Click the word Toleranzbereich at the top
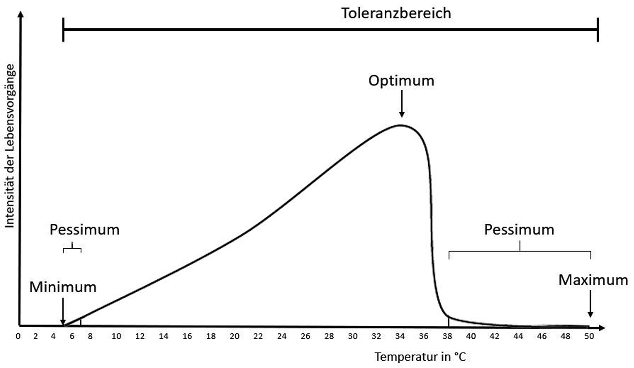(396, 13)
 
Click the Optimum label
(401, 81)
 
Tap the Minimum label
(63, 287)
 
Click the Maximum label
(593, 280)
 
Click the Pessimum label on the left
(84, 229)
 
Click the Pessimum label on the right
(519, 229)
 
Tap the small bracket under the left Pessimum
(72, 248)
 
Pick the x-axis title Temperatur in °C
(420, 357)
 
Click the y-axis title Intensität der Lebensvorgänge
(10, 146)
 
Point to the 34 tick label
(400, 336)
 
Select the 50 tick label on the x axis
(589, 336)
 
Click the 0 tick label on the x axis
(18, 336)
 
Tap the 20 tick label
(235, 336)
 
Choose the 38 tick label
(448, 336)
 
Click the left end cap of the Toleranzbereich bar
(63, 30)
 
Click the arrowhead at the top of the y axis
(21, 15)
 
